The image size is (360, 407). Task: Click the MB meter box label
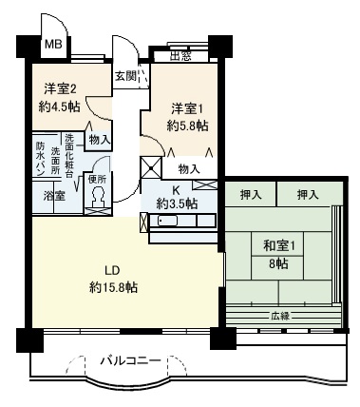coord(53,44)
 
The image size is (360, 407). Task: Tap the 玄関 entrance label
coord(125,76)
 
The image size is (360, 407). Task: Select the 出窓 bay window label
coord(180,56)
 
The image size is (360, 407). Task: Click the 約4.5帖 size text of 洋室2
coord(59,107)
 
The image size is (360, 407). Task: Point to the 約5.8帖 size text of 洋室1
coord(187,126)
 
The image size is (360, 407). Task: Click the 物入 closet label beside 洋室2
coord(100,140)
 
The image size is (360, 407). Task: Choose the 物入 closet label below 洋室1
coord(189,169)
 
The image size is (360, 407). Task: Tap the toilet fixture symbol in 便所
coord(98,197)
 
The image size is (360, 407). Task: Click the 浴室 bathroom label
coord(54,197)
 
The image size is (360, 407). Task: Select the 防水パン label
coord(40,159)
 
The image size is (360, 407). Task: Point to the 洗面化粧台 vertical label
coord(69,156)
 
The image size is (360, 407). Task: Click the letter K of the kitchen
coord(176,190)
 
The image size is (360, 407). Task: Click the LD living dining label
coord(112,271)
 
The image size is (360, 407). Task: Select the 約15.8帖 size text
coord(113,287)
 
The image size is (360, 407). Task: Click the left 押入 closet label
coord(251,195)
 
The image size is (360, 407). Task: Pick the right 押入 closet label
coord(308,195)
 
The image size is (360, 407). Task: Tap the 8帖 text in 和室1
coord(278,263)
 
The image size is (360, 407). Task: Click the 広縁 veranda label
coord(280,316)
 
